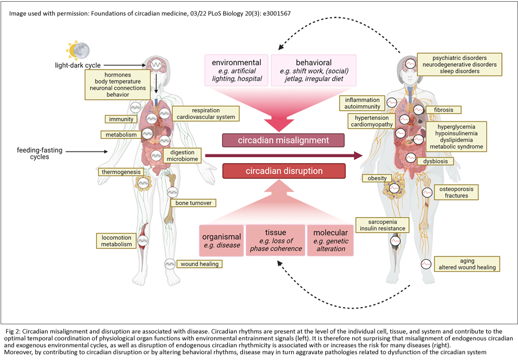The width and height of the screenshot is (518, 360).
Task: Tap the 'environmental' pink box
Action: pyautogui.click(x=237, y=70)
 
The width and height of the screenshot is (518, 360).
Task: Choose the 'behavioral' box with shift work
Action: pyautogui.click(x=313, y=70)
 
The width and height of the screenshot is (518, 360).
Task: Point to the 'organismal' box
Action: pyautogui.click(x=221, y=240)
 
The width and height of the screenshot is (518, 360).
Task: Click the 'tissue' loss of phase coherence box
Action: pyautogui.click(x=275, y=240)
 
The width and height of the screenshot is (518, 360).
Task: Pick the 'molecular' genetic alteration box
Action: pyautogui.click(x=330, y=240)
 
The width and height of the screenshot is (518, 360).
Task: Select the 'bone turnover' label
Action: pyautogui.click(x=193, y=203)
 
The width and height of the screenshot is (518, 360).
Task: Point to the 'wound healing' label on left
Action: pyautogui.click(x=199, y=264)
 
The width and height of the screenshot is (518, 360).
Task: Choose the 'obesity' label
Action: pyautogui.click(x=377, y=178)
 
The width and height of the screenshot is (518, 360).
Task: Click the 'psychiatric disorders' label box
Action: pyautogui.click(x=459, y=65)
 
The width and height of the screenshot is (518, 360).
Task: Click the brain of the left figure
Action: pyautogui.click(x=157, y=65)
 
